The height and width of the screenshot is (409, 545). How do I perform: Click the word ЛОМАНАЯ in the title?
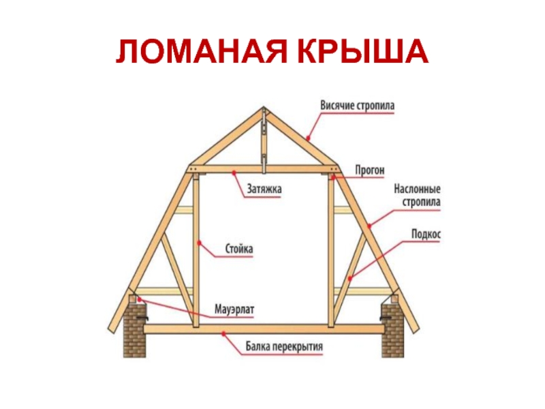click(x=202, y=51)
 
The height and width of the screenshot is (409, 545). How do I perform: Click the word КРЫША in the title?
click(x=362, y=51)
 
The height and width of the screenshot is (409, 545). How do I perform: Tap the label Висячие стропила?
click(x=357, y=106)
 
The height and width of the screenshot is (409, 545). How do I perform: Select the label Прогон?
click(x=370, y=170)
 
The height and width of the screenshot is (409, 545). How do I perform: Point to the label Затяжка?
click(x=264, y=189)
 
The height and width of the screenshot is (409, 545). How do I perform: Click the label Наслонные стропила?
click(x=417, y=196)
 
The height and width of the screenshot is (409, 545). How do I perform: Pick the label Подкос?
click(x=426, y=234)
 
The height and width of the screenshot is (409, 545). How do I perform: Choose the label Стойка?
click(x=239, y=249)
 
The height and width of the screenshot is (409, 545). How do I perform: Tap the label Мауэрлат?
click(x=234, y=309)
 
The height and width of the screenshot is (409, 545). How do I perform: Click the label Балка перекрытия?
click(x=284, y=346)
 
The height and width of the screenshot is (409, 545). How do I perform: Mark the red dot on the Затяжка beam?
click(x=234, y=172)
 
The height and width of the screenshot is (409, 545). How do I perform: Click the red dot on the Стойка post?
click(x=198, y=243)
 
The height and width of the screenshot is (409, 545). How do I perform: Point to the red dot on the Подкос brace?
click(x=350, y=278)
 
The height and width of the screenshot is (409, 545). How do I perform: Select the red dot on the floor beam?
click(x=224, y=333)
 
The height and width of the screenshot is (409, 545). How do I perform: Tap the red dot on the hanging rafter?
click(x=308, y=138)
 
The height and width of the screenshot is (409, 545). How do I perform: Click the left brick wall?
click(x=134, y=330)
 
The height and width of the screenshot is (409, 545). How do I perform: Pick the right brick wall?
click(x=393, y=330)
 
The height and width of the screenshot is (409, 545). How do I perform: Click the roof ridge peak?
click(x=264, y=107)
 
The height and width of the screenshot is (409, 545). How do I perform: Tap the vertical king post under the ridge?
click(x=264, y=140)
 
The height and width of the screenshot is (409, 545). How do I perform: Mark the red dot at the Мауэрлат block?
click(x=139, y=299)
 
